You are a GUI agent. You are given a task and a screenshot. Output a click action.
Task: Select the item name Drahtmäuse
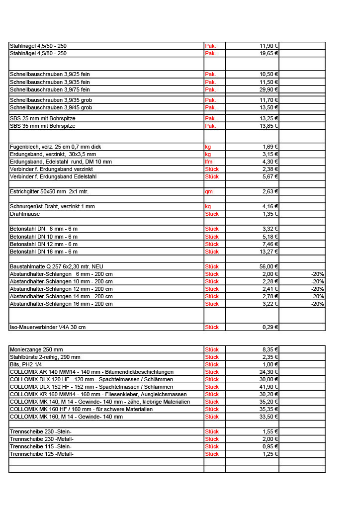(x=25, y=214)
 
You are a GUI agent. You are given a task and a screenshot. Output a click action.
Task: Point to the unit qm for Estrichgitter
(x=208, y=191)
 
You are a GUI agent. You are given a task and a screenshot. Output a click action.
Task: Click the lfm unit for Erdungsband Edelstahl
(x=209, y=162)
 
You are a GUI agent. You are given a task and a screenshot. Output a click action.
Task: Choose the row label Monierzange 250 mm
(x=36, y=349)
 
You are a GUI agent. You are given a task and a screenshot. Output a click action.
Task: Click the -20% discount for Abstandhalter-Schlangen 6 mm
(x=317, y=274)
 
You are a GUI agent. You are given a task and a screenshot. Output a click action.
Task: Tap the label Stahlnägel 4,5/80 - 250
(x=38, y=53)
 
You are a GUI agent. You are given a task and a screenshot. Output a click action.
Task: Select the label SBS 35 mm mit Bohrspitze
(x=43, y=126)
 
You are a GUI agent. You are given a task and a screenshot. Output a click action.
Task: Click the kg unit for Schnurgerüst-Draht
(x=208, y=206)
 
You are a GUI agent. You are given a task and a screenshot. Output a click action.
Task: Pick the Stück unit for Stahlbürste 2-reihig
(x=212, y=357)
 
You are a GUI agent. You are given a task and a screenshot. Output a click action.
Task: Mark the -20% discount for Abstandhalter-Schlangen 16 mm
(x=317, y=304)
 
